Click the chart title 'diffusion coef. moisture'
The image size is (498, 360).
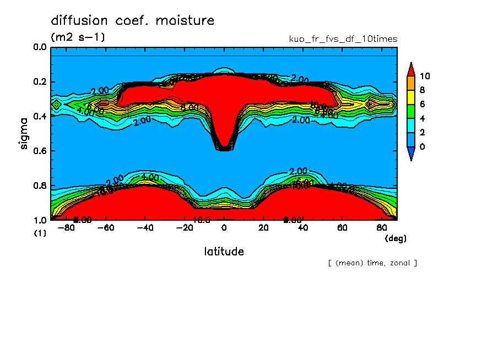coord(132,21)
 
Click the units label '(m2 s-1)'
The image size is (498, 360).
coord(78,37)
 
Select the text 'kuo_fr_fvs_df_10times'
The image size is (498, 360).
coord(343,39)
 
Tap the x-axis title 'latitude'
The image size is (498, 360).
coord(224,252)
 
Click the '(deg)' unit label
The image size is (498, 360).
coord(395,238)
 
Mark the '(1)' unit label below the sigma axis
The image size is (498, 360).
coord(40,233)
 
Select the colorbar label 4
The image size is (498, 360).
coord(422,118)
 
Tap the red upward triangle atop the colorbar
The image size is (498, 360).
coord(410,69)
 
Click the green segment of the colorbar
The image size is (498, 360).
coord(410,111)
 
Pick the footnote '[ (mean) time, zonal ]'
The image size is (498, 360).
coord(372,263)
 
